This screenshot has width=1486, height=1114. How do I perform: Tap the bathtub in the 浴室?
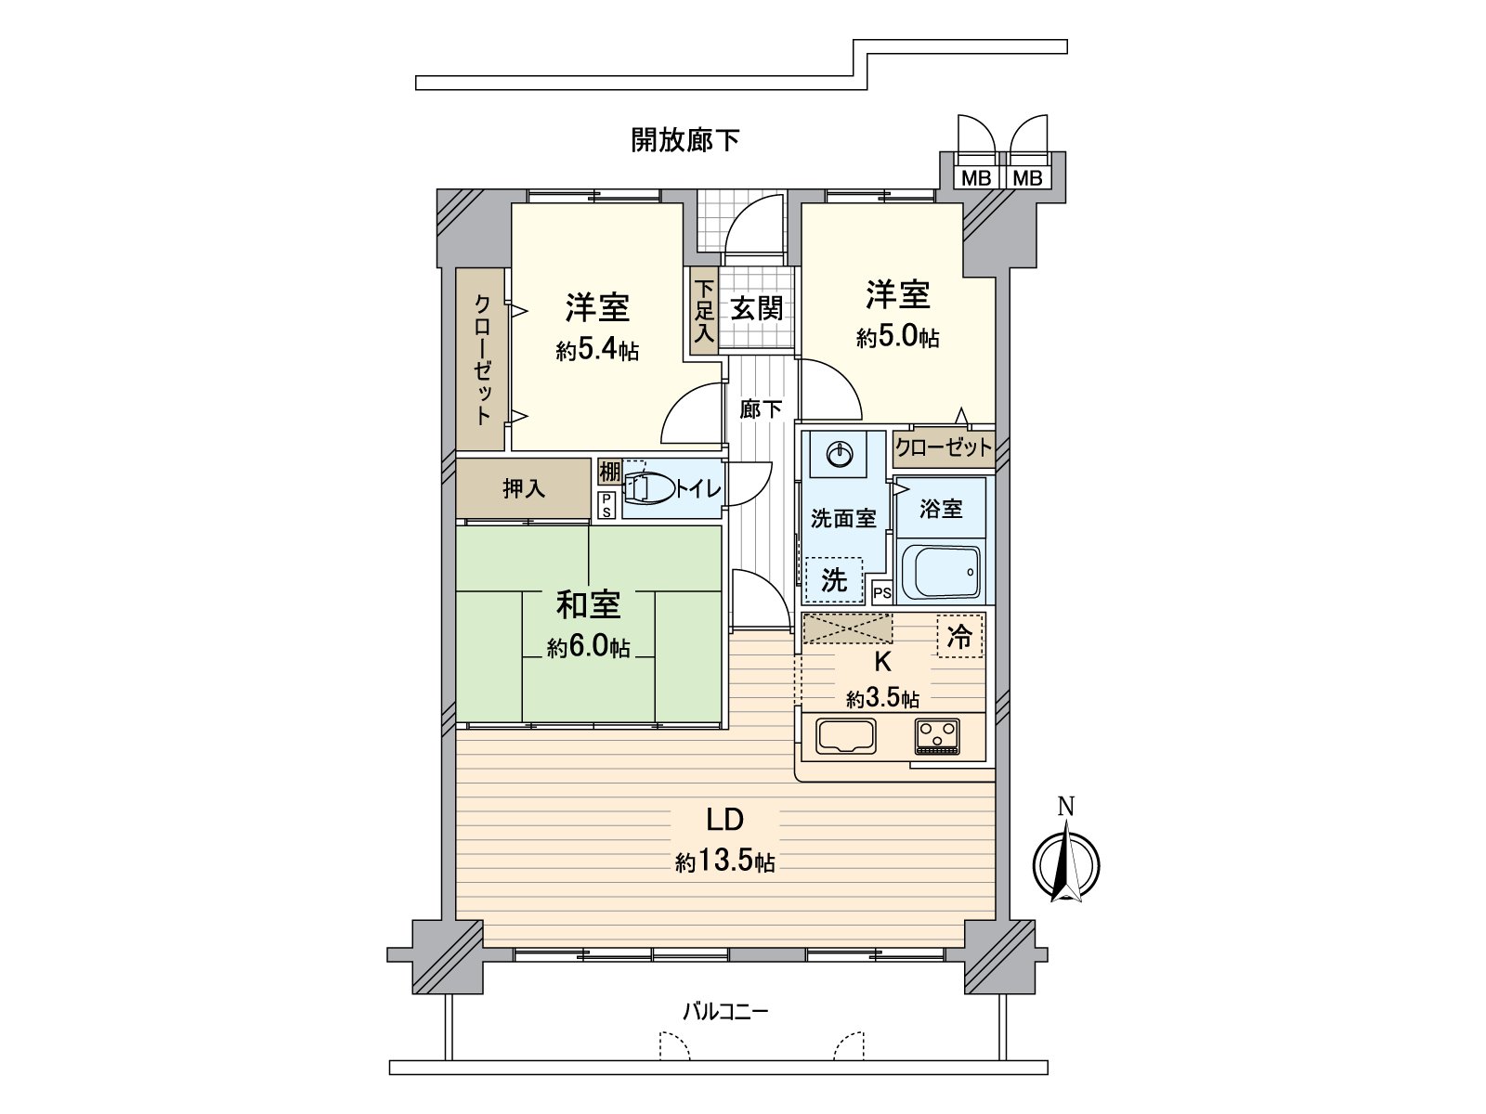pos(940,572)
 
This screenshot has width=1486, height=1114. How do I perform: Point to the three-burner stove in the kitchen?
pos(941,737)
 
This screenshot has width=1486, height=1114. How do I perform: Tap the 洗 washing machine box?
pos(834,580)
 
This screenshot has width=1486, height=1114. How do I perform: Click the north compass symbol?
pos(1066,862)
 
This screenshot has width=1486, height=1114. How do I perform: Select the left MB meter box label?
pos(975,178)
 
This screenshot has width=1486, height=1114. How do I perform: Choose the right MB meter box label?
pos(1027,178)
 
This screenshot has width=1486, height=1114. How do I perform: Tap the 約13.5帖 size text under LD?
pos(725,862)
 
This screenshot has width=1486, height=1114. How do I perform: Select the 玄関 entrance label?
pos(756,308)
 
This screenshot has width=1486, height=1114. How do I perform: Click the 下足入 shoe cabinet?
pos(704,311)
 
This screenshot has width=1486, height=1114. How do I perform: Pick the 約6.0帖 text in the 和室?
pos(588,647)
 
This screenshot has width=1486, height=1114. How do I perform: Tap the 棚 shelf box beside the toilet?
pos(608,472)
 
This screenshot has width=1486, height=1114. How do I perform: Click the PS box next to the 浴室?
pos(882,592)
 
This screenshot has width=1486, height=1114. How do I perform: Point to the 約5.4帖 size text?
pos(597,350)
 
